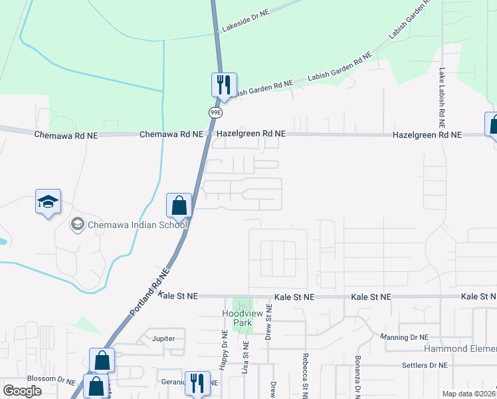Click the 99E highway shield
[x=215, y=112]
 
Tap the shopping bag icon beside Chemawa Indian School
[x=179, y=205]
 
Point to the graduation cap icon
[x=48, y=201]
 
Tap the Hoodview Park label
[x=242, y=318]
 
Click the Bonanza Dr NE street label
[x=357, y=380]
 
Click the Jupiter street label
[x=163, y=338]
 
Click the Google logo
[x=22, y=391]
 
